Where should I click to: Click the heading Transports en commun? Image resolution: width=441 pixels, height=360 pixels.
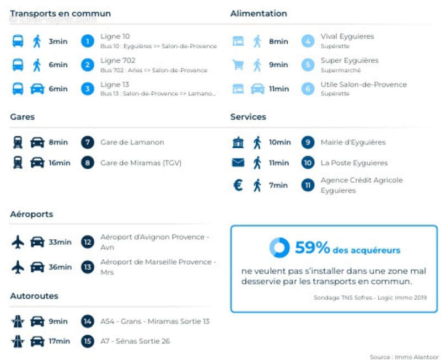(60, 13)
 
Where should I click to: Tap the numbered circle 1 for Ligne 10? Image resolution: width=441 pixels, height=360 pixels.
(87, 41)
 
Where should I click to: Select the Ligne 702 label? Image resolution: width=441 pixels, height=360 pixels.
(117, 60)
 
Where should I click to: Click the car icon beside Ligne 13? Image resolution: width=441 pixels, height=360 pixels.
(37, 89)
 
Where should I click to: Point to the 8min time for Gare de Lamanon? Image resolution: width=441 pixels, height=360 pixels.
(58, 142)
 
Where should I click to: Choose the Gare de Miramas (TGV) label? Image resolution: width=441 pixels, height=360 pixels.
(141, 163)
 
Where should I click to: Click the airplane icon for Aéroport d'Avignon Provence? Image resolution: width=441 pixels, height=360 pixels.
(18, 241)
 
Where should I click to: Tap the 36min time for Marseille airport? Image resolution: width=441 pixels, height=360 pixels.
(60, 267)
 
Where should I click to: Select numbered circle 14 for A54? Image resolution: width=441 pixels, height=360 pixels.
(87, 321)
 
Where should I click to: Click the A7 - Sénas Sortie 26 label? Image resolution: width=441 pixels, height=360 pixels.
(135, 341)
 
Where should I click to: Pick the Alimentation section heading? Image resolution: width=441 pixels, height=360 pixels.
(259, 13)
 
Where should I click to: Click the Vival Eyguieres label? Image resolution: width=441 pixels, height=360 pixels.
(347, 36)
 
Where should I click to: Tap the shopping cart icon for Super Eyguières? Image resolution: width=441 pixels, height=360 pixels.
(238, 65)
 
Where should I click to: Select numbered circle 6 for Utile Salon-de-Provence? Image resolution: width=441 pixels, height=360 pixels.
(308, 89)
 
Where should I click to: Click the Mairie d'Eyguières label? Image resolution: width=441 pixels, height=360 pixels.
(353, 142)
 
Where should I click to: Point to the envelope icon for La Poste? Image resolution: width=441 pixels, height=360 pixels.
(238, 163)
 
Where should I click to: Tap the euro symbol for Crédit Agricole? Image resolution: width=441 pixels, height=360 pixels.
(238, 185)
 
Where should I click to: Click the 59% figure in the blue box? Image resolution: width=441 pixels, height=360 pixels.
(312, 248)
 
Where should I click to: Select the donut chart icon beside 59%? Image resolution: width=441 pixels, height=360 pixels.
(279, 248)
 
